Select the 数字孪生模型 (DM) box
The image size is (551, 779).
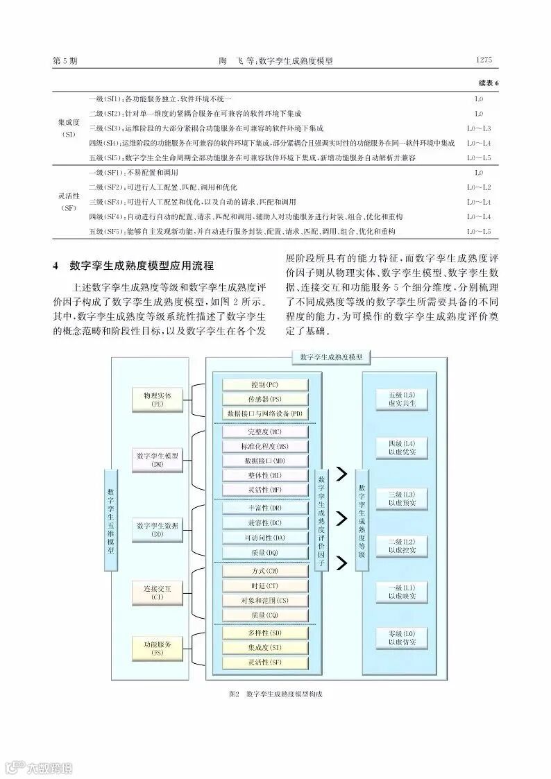click(158, 460)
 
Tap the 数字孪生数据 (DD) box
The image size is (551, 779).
click(158, 530)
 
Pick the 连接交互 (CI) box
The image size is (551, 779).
click(158, 592)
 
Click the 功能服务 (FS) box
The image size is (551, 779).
click(158, 649)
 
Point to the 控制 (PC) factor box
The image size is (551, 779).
click(264, 384)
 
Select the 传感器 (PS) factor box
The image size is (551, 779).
click(264, 399)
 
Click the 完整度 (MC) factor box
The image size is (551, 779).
click(264, 431)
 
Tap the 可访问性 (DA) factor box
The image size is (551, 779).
click(264, 538)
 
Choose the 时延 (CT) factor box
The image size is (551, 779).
click(264, 585)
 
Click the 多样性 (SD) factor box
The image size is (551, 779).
click(264, 633)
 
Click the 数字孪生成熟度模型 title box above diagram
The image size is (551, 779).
click(331, 357)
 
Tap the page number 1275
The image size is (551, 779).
click(484, 60)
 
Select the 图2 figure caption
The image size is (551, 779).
click(275, 694)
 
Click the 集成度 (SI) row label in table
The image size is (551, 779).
click(69, 128)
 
